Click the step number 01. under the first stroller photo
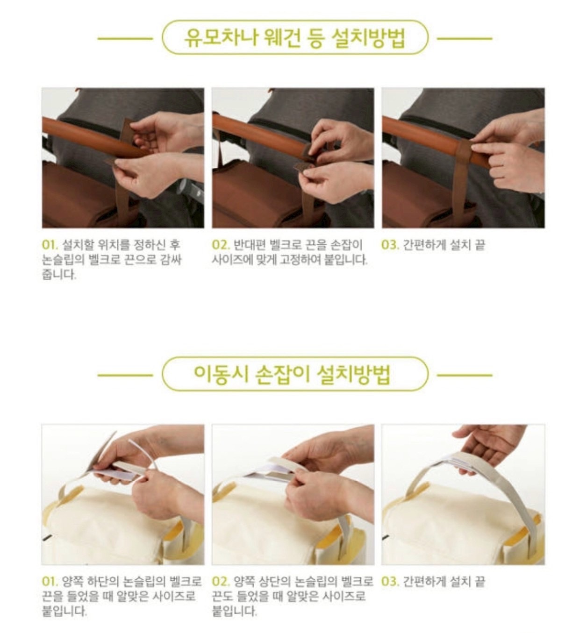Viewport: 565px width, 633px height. point(50,245)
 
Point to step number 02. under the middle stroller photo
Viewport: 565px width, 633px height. point(221,245)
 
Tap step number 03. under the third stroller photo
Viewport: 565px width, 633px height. point(390,245)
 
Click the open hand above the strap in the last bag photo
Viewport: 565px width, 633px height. point(487,441)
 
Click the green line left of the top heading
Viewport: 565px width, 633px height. point(125,39)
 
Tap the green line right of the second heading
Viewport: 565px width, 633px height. point(465,375)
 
